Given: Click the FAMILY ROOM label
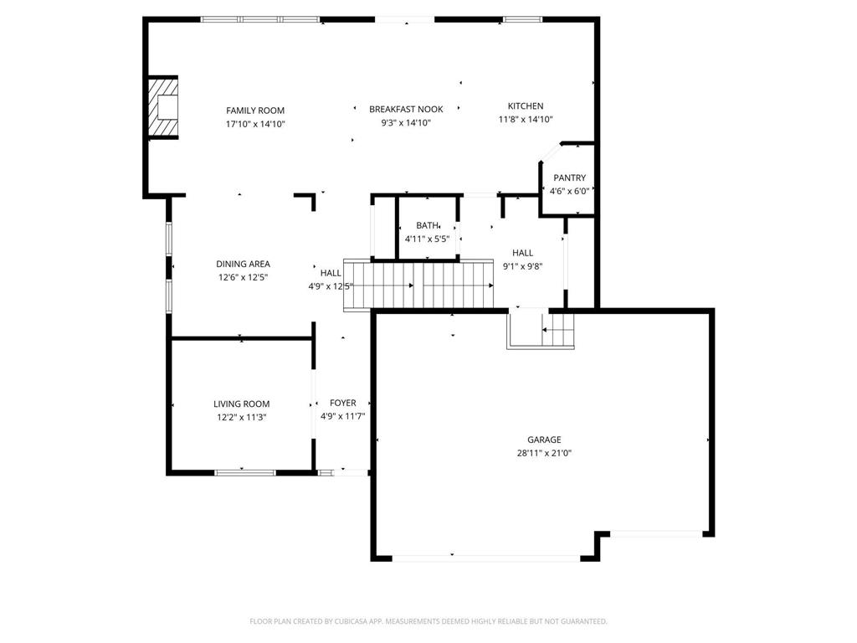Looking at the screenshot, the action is click(255, 111).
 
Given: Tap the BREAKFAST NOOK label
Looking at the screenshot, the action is click(406, 110).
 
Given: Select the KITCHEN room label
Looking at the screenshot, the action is click(526, 106).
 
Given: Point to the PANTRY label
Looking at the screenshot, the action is click(569, 177).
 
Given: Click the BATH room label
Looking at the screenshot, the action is click(427, 225).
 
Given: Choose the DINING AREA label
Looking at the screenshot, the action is click(244, 264).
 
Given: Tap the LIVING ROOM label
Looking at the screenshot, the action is click(242, 404).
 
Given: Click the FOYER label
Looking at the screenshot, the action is click(343, 403).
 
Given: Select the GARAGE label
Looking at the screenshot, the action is click(544, 440).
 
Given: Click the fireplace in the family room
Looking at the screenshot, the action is click(163, 106).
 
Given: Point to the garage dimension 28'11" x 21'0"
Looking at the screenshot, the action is click(544, 453).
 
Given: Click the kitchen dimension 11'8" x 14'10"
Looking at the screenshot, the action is click(526, 120).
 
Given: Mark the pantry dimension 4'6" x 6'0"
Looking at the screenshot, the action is click(569, 192).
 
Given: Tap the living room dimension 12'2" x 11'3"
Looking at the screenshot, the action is click(242, 418).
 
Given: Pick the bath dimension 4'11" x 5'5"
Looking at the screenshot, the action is click(427, 239).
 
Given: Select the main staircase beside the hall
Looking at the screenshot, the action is click(418, 285).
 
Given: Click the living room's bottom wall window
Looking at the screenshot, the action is click(245, 472).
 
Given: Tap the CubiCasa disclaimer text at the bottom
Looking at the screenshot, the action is click(428, 621).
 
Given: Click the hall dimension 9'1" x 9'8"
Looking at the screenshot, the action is click(522, 267).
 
